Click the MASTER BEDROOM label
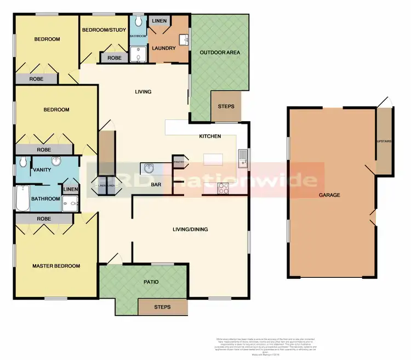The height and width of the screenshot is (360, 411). click(x=56, y=266)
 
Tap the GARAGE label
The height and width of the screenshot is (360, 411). click(x=330, y=195)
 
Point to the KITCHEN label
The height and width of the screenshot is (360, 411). click(x=210, y=136)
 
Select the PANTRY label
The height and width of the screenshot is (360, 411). click(x=178, y=162)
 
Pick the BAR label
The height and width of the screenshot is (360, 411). click(x=156, y=185)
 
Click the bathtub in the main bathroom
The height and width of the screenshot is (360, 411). click(x=21, y=199)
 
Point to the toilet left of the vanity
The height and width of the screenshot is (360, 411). click(x=22, y=162)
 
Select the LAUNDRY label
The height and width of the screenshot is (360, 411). click(x=164, y=48)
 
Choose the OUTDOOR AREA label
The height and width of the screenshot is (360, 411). click(x=220, y=53)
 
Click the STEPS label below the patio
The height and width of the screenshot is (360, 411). click(x=162, y=307)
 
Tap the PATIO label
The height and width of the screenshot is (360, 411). click(x=151, y=282)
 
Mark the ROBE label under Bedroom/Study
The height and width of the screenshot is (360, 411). click(x=114, y=58)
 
